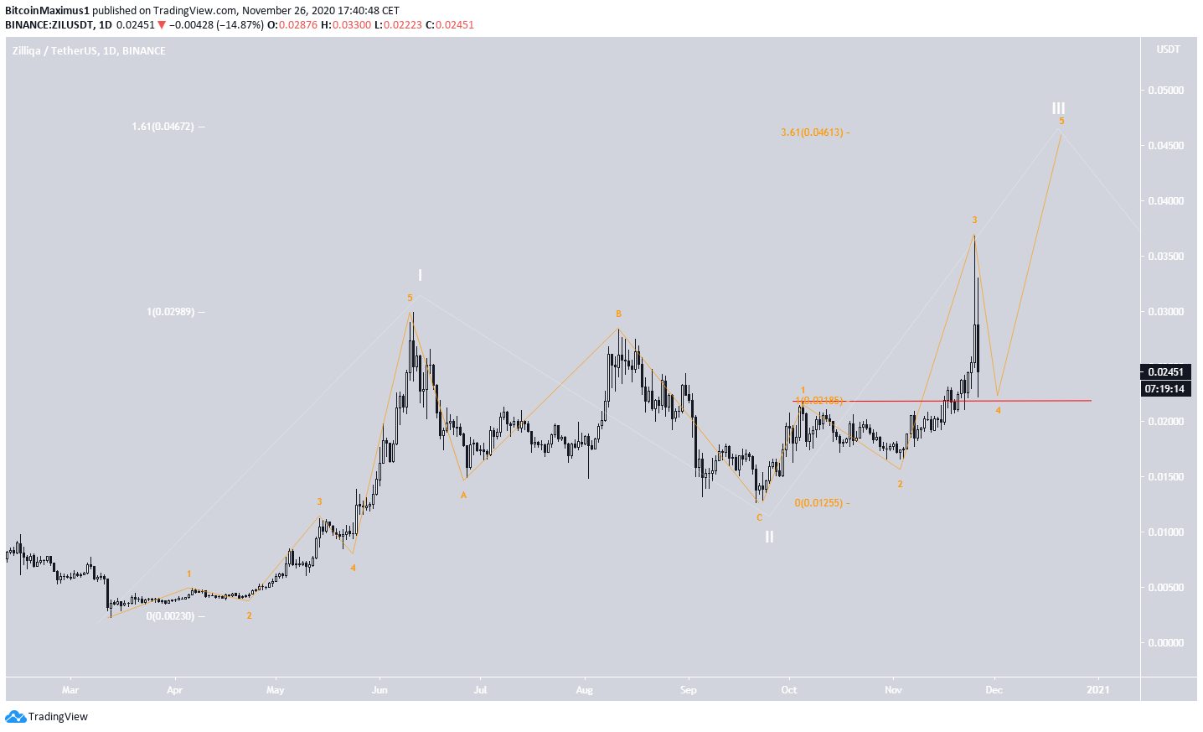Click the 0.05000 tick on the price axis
(1165, 91)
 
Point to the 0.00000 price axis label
(1165, 643)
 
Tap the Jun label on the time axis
(379, 690)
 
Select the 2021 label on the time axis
(1097, 690)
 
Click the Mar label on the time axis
(70, 690)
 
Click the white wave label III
(1059, 108)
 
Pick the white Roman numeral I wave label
(421, 275)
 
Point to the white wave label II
(769, 537)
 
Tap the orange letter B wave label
(618, 314)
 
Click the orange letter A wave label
(463, 495)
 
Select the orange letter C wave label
(759, 517)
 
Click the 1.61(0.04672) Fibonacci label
(163, 127)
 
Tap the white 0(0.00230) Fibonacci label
(170, 616)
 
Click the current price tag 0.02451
(1165, 371)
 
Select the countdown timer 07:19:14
(1165, 389)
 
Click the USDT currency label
(1168, 49)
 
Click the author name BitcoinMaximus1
(47, 11)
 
